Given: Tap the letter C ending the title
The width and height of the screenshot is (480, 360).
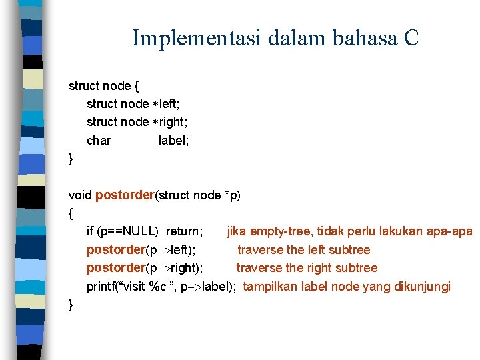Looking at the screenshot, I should pos(411,38).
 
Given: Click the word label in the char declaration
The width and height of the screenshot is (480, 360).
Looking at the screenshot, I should pos(172,141).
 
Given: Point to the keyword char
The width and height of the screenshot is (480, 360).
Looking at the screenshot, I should pos(99,141).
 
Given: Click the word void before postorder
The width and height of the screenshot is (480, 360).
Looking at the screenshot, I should pos(80,195).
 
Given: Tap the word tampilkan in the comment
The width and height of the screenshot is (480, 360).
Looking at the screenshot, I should pos(271,287).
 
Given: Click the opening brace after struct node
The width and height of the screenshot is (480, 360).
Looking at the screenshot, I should pos(136,86).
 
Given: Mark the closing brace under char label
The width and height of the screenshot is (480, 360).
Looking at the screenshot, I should pos(71,159).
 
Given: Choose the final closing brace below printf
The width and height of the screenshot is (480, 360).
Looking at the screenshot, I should pos(71,305).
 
